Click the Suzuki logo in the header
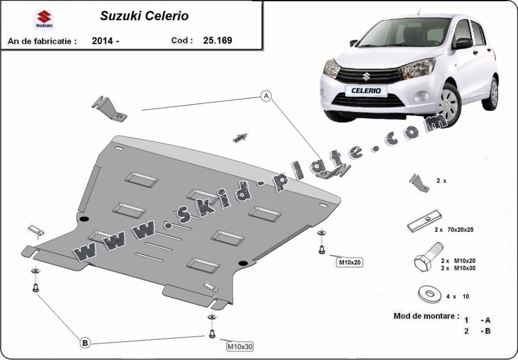[x=44, y=19]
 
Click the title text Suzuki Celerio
[x=144, y=16]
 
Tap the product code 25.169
[x=217, y=40]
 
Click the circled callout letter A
[x=266, y=96]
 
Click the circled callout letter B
[x=85, y=343]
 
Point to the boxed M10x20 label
[x=349, y=262]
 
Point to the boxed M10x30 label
[x=240, y=347]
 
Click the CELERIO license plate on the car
[x=366, y=91]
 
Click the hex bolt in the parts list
[x=428, y=257]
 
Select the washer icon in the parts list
[x=429, y=293]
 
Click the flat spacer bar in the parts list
[x=424, y=221]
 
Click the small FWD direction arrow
[x=240, y=138]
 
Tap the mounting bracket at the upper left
[x=109, y=109]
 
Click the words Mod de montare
[x=426, y=316]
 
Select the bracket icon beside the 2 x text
[x=419, y=183]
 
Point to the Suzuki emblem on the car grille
[x=366, y=76]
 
